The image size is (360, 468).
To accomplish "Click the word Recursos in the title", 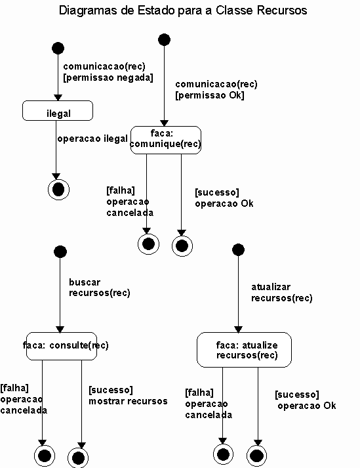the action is [x=282, y=10].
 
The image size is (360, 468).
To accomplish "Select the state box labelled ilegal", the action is [x=58, y=111].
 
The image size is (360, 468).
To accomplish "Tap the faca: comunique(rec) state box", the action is [x=166, y=140].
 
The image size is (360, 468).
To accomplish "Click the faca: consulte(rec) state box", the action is [x=62, y=346].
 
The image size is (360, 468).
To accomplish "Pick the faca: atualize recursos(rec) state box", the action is [x=245, y=350].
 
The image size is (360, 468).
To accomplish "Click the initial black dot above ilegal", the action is [x=58, y=48].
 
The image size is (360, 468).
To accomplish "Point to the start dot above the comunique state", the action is [x=164, y=39].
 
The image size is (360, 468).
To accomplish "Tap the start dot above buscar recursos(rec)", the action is [x=60, y=251].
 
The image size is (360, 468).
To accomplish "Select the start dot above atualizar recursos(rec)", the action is [x=238, y=250].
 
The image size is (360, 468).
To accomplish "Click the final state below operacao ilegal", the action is [x=59, y=190].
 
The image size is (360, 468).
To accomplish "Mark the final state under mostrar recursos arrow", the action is [x=78, y=457].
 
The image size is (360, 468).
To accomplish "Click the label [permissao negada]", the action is [x=108, y=77].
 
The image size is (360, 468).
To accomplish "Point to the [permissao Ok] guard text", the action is [x=210, y=95].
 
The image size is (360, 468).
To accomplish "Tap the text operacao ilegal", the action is [x=92, y=138].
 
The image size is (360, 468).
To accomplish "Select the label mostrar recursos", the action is [x=128, y=401].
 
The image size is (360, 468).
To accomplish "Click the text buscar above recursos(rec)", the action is [x=85, y=282].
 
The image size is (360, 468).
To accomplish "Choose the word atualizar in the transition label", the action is [x=271, y=287].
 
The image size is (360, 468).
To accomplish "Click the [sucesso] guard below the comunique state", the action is [x=217, y=192].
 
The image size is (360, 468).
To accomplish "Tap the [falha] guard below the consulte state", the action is [x=14, y=388].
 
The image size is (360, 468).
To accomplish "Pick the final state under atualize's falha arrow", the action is [x=223, y=455].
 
